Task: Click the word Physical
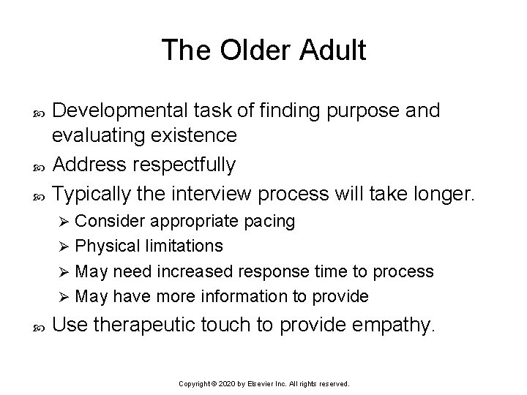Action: [x=107, y=246]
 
